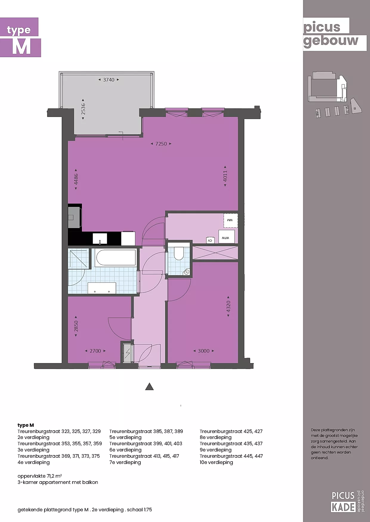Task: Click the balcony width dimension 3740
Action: [x=109, y=80]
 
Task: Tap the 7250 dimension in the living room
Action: [x=161, y=144]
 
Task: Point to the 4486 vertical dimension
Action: [x=76, y=179]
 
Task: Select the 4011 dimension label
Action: [x=225, y=176]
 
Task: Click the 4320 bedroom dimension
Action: [x=228, y=306]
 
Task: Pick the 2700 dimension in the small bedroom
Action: [x=95, y=351]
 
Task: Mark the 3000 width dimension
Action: [x=204, y=351]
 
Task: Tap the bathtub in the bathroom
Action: [x=115, y=258]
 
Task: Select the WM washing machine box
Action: [x=231, y=221]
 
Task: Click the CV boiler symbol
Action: [x=210, y=240]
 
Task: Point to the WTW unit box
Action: [x=226, y=237]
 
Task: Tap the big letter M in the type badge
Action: [x=21, y=47]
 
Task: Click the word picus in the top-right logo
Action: [x=322, y=27]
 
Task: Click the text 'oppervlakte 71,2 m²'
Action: [x=40, y=476]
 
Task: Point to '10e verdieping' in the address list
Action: [x=216, y=462]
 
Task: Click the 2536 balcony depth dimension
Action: [x=83, y=109]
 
